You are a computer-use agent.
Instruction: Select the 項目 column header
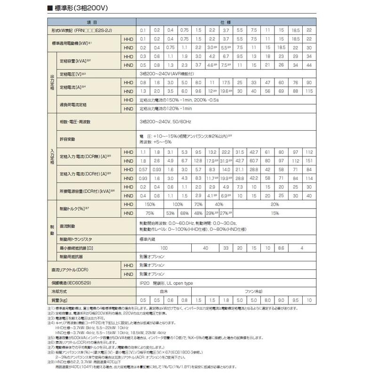tap(92, 22)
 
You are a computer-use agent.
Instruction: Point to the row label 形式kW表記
tap(72, 30)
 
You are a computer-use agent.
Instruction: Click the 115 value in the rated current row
tap(309, 91)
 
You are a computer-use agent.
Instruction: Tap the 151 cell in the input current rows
tap(309, 161)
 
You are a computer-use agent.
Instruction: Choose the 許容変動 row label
tap(68, 139)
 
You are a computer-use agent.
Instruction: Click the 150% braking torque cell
tap(149, 204)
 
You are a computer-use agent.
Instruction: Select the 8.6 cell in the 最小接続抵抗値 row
tap(281, 248)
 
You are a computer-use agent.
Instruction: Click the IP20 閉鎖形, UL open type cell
tap(166, 283)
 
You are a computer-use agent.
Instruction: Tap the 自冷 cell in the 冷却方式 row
tap(163, 292)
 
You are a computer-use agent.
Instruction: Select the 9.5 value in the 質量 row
tap(295, 300)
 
